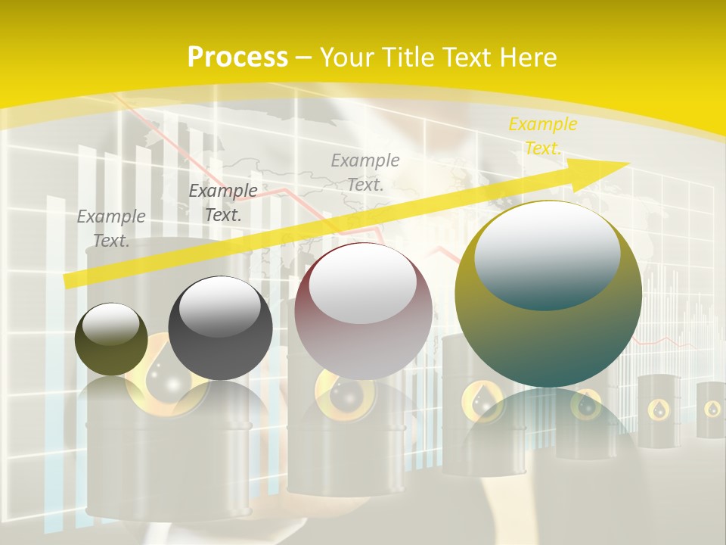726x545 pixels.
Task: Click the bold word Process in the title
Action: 237,58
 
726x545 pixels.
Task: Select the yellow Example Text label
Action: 542,136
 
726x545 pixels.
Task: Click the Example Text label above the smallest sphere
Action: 111,229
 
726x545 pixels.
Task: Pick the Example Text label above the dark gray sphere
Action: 223,203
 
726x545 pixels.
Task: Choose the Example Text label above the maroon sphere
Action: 365,172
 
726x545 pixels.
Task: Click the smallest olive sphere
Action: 111,339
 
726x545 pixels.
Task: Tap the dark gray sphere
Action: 220,329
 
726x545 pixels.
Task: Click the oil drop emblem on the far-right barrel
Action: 712,409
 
